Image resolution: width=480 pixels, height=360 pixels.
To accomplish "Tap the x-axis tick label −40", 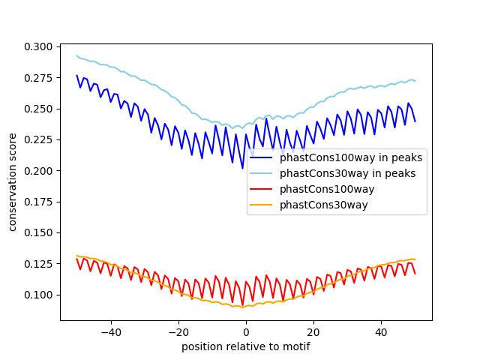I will coord(110,331).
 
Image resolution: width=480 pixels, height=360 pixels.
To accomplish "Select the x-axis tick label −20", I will coord(178,331).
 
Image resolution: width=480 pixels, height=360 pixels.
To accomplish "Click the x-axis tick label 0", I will coord(246,331).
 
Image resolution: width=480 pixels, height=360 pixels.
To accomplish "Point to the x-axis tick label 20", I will coord(313,331).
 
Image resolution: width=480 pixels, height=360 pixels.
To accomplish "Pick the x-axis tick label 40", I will coord(381,331).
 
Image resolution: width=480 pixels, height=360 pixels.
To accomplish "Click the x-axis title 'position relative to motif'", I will coord(245,346).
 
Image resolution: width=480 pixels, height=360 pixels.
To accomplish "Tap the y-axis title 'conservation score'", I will coord(13,181).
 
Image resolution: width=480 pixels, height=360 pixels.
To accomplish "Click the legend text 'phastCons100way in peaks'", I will coord(351,158).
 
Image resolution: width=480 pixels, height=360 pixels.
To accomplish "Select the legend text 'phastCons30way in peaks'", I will coord(348,173).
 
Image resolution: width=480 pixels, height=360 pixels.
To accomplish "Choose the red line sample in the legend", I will coord(262,189).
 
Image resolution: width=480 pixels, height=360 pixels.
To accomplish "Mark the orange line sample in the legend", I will coord(262,205).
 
